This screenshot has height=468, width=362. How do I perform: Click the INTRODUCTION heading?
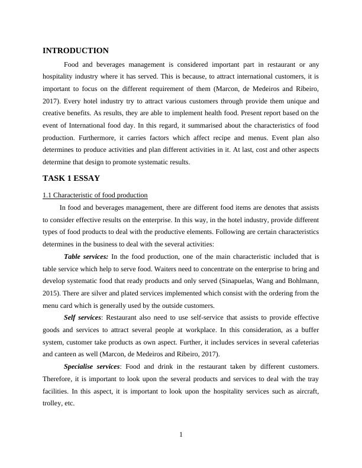tap(76, 51)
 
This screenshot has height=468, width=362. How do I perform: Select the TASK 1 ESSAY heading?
tap(71, 178)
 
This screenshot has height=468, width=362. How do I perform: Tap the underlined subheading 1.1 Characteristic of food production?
tap(95, 195)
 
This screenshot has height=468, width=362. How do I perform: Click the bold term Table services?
tap(86, 256)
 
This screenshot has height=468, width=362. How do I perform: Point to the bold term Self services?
tap(82, 318)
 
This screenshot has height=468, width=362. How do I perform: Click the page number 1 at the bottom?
tap(181, 435)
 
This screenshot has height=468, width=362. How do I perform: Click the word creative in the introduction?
tap(57, 113)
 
